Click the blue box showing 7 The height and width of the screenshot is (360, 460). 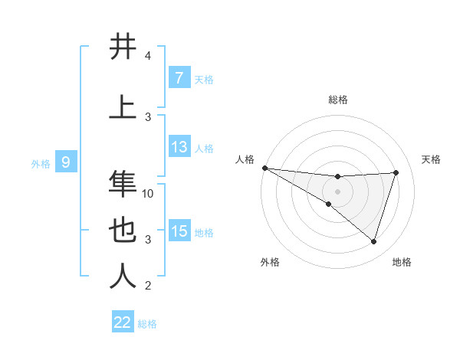coord(179,77)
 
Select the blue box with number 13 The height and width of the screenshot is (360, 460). coord(179,147)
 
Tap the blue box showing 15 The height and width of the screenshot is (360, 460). coord(179,231)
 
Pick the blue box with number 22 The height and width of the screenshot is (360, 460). coord(123,322)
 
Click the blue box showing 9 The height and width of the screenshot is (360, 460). coord(66,162)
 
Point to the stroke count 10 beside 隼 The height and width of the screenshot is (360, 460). coord(149,194)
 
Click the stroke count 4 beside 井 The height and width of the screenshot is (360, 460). coord(148,56)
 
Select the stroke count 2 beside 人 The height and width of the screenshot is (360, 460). coord(148,286)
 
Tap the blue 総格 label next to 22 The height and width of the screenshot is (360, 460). coord(147,324)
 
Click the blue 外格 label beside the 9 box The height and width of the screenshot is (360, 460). coord(40,163)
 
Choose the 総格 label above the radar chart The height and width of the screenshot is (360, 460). coord(337,100)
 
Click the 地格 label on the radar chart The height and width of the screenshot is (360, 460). coord(402,263)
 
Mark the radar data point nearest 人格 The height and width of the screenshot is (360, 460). coord(264,168)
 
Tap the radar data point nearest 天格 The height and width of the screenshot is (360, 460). coord(396,172)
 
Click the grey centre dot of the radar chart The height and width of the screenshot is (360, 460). coord(337,190)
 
